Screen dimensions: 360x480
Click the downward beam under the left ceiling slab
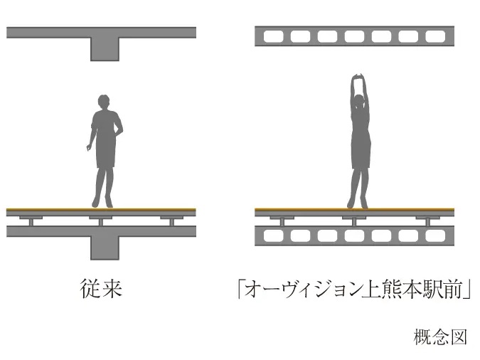click(105, 48)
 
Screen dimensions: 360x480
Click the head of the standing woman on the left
click(103, 102)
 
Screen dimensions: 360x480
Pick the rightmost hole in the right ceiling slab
click(434, 36)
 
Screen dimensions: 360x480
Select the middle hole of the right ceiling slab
click(353, 36)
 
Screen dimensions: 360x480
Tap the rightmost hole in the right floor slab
click(434, 235)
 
